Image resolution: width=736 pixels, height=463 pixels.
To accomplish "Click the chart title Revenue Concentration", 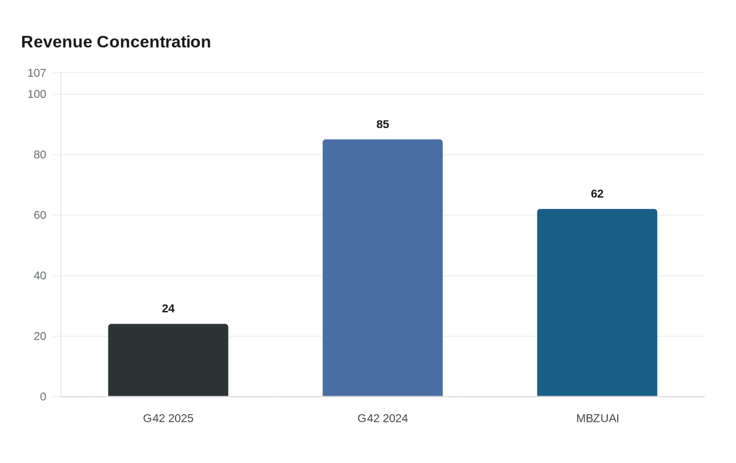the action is (116, 42).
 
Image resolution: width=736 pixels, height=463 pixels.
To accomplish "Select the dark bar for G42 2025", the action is (168, 360).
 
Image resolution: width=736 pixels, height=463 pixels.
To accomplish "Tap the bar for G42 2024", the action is (383, 268).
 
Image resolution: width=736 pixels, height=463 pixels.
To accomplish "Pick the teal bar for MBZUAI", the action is (597, 303).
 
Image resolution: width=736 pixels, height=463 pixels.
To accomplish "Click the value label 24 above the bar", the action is (168, 308).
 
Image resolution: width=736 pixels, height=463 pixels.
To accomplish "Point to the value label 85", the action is (383, 124).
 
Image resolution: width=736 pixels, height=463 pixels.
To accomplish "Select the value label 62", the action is (597, 194).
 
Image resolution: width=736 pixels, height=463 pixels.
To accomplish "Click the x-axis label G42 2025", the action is (168, 418).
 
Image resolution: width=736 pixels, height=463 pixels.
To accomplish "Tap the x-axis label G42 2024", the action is (383, 418).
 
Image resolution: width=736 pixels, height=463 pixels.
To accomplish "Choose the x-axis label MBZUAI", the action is (598, 418).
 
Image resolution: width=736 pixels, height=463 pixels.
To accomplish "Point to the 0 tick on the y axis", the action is (43, 397).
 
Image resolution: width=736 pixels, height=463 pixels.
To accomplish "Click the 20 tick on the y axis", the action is (40, 336).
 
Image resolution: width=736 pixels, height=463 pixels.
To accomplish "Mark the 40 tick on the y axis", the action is (40, 276).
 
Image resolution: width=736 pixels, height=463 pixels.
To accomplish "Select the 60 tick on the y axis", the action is (40, 215).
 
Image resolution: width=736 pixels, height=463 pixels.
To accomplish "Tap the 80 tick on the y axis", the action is (40, 155).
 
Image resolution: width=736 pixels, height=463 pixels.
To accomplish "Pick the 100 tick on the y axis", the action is (37, 94).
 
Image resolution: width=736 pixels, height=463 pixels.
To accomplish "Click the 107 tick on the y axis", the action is (37, 73).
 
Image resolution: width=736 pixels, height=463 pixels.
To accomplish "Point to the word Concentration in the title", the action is (154, 42).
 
